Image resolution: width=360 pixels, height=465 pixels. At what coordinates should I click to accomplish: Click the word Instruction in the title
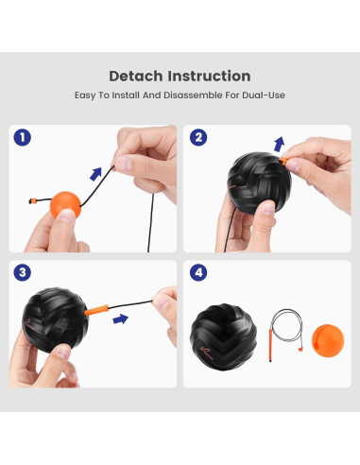pos(211,76)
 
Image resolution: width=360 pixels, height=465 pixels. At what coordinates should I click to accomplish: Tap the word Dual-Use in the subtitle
pos(262,95)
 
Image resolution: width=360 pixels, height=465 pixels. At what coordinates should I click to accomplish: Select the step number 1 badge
pos(23,137)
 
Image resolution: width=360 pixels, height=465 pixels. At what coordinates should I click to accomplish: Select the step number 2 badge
pos(198,137)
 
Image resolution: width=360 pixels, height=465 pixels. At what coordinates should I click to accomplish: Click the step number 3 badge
pos(23,273)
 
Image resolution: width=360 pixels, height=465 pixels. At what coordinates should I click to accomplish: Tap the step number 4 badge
pos(198,273)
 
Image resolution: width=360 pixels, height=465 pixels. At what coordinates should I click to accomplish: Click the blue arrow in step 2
pos(279,144)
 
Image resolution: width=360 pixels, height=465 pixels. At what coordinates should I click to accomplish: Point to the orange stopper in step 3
pos(97,309)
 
